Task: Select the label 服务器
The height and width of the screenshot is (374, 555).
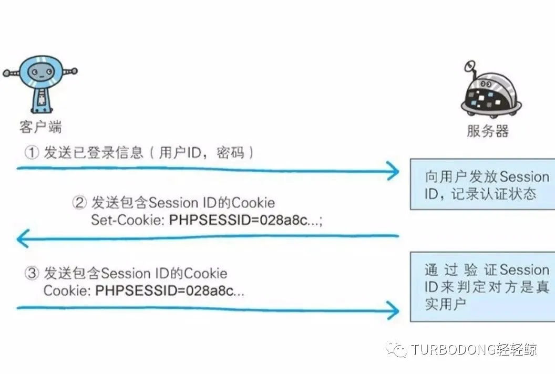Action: pos(487,131)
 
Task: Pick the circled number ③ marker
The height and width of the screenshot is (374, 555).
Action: pos(32,274)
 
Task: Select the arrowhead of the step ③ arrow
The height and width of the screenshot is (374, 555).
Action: pos(392,309)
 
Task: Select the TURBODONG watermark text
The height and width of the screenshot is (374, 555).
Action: pos(474,349)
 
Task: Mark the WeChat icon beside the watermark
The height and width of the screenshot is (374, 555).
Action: pos(397,349)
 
